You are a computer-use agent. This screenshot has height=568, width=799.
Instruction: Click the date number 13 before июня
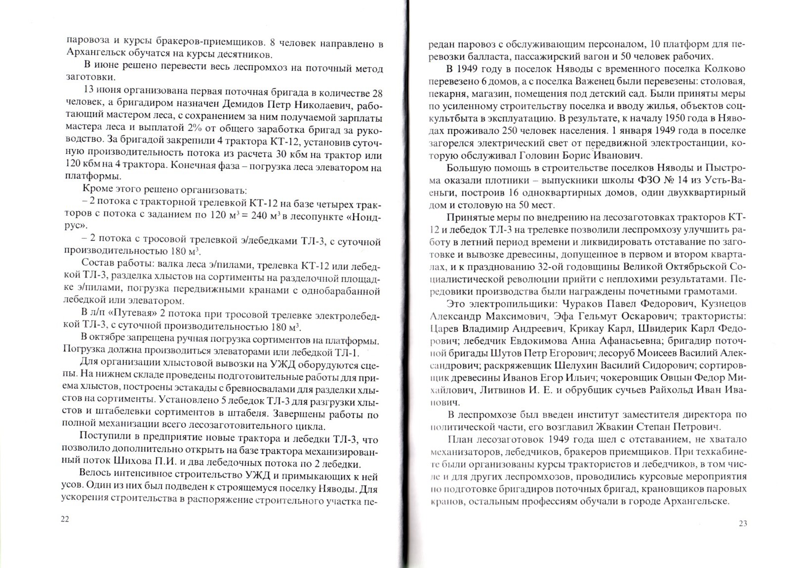[x=92, y=94]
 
